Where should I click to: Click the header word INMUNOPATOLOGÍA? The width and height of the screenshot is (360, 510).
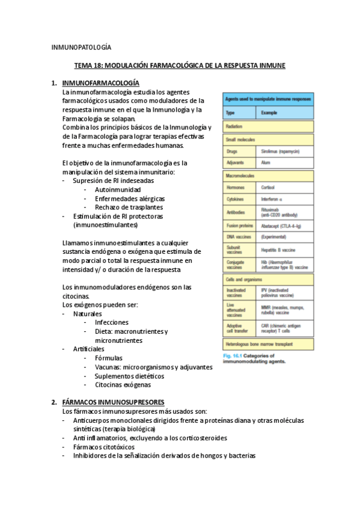point(81,47)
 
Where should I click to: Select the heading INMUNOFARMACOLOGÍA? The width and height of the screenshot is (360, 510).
point(100,82)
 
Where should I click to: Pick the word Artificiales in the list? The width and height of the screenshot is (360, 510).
point(88,349)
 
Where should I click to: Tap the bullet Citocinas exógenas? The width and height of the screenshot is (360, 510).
point(123,384)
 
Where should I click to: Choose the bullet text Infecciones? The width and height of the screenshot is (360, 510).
point(111,322)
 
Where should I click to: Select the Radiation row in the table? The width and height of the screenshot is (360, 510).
point(234,126)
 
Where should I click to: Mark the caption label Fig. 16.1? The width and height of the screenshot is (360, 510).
point(232,355)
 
